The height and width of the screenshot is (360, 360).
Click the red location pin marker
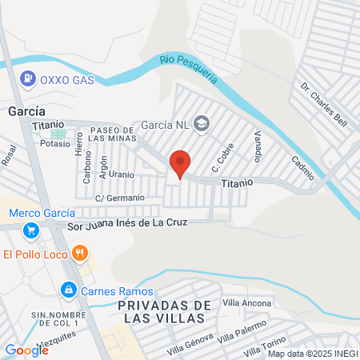pos(180,165)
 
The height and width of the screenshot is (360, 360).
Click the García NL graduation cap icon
pos(202,123)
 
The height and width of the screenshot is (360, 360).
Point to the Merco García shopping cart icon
pos(31,230)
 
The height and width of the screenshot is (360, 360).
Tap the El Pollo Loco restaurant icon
pos(79,254)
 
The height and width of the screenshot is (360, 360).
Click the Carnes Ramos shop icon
pos(70,289)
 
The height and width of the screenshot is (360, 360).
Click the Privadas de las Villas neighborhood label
pos(164,311)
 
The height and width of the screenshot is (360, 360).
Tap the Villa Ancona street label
pos(248,302)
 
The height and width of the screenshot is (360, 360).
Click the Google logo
pos(26,350)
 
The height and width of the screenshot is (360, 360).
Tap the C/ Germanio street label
pos(120,198)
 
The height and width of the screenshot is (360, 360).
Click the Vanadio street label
pos(258,144)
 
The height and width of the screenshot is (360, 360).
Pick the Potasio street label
pos(54,143)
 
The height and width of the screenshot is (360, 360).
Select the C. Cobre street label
pos(217,162)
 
